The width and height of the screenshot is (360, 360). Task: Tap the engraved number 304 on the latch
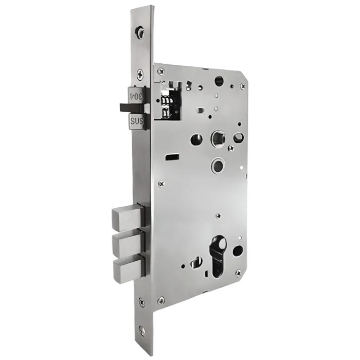(x=136, y=95)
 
